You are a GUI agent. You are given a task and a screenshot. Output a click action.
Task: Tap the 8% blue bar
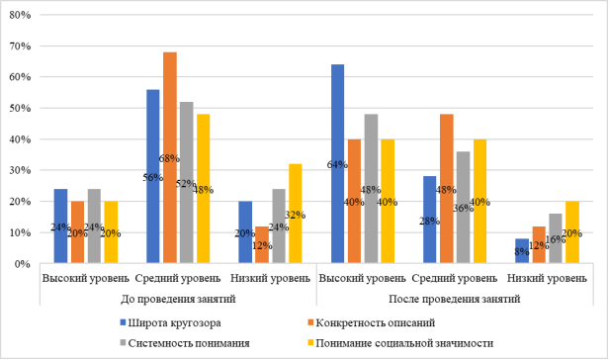pyautogui.click(x=521, y=251)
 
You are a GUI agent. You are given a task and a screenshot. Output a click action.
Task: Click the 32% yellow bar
pyautogui.click(x=294, y=214)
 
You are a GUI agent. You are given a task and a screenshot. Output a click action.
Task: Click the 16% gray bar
pyautogui.click(x=556, y=238)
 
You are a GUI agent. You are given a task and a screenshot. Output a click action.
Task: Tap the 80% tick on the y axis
pyautogui.click(x=21, y=16)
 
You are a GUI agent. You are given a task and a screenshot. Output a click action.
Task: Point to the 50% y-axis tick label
pyautogui.click(x=21, y=109)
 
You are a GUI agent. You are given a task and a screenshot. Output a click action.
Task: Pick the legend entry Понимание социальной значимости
pyautogui.click(x=420, y=341)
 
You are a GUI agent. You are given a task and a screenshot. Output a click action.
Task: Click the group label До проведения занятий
pyautogui.click(x=175, y=299)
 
